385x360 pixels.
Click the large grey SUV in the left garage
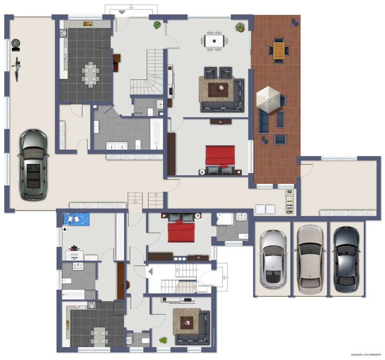(33, 165)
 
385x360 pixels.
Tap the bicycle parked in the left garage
(17, 69)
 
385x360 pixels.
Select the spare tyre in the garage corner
(16, 44)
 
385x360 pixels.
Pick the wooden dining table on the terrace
(279, 50)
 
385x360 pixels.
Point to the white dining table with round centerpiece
(214, 40)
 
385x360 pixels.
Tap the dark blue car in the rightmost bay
(346, 259)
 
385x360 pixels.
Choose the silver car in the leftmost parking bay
(273, 259)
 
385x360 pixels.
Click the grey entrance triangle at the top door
(122, 12)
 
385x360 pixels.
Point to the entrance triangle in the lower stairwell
(151, 271)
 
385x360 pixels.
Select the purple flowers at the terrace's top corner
(295, 22)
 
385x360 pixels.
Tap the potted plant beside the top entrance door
(157, 25)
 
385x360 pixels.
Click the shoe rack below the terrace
(289, 202)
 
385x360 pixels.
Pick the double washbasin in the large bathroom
(117, 145)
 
